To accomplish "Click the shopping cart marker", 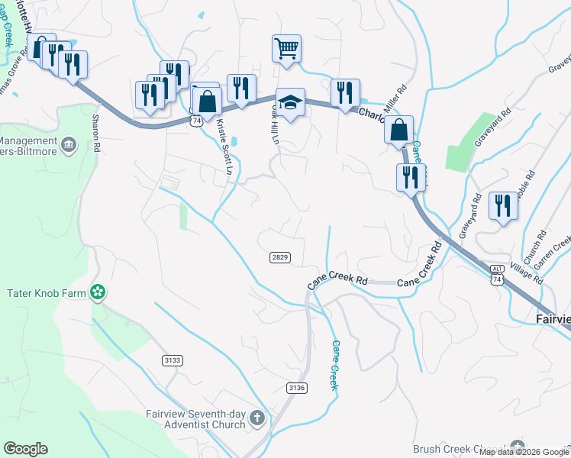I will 286,49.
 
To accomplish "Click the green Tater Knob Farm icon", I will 97,291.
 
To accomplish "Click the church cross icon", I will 257,418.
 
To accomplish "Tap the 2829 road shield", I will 280,258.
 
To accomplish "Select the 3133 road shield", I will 173,360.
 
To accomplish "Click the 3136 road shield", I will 297,388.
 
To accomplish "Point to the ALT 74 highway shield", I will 497,276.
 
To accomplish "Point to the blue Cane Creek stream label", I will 334,365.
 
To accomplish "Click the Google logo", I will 25,449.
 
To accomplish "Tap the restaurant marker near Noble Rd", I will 502,206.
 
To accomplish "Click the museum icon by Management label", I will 69,144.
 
